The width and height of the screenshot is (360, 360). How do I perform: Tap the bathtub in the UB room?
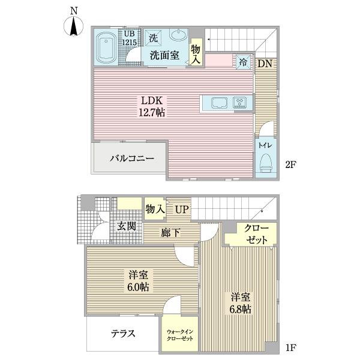pyautogui.click(x=106, y=47)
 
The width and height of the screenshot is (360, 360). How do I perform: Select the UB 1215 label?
pyautogui.click(x=129, y=38)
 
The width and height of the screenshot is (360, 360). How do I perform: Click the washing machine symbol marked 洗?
pyautogui.click(x=154, y=38)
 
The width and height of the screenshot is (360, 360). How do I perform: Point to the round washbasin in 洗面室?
pyautogui.click(x=179, y=35)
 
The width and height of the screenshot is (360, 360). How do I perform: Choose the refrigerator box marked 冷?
pyautogui.click(x=244, y=62)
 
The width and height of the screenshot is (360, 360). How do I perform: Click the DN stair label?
pyautogui.click(x=265, y=64)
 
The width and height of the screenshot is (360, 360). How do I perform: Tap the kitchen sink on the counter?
pyautogui.click(x=219, y=103)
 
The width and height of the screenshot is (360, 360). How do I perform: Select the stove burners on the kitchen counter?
pyautogui.click(x=239, y=103)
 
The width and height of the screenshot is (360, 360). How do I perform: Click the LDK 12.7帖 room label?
pyautogui.click(x=152, y=107)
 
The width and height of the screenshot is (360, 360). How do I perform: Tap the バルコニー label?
pyautogui.click(x=131, y=158)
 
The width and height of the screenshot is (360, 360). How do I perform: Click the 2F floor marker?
pyautogui.click(x=290, y=164)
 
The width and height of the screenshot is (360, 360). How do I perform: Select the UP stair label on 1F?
pyautogui.click(x=182, y=209)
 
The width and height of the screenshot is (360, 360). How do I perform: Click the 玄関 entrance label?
pyautogui.click(x=127, y=226)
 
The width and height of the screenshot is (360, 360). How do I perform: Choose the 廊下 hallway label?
pyautogui.click(x=170, y=232)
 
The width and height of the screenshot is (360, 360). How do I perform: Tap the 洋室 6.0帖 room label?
pyautogui.click(x=138, y=281)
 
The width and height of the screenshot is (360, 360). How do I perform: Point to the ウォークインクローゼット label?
pyautogui.click(x=180, y=335)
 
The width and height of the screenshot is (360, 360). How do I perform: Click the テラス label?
pyautogui.click(x=123, y=334)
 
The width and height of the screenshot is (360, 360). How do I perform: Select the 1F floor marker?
pyautogui.click(x=290, y=347)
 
